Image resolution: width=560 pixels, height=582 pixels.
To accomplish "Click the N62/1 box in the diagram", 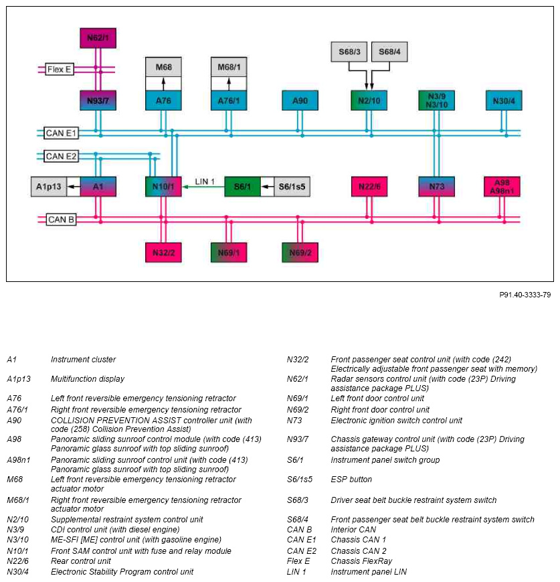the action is point(98,38).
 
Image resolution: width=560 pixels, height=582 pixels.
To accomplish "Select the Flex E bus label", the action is point(60,70).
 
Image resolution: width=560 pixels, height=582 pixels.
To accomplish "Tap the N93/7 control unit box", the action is point(98,100).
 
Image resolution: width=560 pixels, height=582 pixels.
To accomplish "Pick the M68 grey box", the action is point(163,67).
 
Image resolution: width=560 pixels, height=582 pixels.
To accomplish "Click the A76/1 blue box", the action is point(229,100).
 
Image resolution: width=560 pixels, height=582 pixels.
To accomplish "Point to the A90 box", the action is point(300,100).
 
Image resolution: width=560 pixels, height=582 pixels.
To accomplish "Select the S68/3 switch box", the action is point(349,52).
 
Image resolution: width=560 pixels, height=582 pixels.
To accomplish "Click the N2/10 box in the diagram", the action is point(369,100).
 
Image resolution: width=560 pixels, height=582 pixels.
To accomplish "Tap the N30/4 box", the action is point(504,100).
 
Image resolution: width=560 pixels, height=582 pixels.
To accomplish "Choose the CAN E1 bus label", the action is point(61,133).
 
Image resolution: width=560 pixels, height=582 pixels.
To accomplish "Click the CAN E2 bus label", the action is point(61,156).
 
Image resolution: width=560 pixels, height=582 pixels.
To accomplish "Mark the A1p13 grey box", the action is point(49,186).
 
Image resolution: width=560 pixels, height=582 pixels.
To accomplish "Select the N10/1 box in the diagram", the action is point(163,186).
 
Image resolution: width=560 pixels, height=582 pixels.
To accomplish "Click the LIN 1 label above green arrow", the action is point(205,181).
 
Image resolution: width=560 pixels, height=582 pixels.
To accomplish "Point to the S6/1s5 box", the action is point(292,186).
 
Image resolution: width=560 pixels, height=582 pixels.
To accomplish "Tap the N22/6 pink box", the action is point(369,186).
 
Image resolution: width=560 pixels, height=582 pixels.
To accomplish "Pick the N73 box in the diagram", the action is point(436,186).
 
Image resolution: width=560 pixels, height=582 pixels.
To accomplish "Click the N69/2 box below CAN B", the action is point(300,252).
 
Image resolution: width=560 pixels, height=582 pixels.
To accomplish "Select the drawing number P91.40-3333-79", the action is point(525,295).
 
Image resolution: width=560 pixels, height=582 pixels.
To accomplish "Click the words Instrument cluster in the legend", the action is point(83,359).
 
